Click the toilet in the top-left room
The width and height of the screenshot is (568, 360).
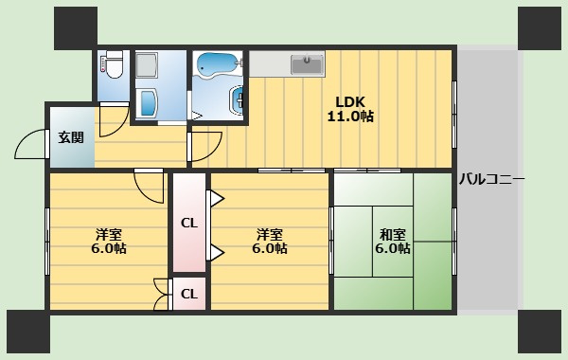(x=112, y=64)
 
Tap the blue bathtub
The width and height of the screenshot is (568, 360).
(x=217, y=64)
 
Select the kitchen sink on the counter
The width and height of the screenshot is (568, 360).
(x=307, y=64)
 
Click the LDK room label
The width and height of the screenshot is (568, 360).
(x=350, y=102)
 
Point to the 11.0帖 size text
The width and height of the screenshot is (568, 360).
(x=350, y=117)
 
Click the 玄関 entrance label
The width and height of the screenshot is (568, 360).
(x=71, y=137)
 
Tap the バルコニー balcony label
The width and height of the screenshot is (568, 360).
(x=491, y=179)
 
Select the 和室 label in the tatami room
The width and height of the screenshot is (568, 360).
(x=392, y=235)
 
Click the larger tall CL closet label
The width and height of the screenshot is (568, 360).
(x=189, y=223)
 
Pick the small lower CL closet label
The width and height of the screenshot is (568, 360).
(x=189, y=294)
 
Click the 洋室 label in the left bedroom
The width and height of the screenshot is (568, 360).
(x=108, y=235)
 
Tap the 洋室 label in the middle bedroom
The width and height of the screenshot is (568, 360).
(x=270, y=235)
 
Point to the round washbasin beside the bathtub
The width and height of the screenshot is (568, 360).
(x=236, y=99)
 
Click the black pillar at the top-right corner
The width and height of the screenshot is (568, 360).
(x=540, y=28)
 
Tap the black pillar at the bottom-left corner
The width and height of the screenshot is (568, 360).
(x=28, y=332)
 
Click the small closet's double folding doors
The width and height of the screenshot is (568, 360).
(x=162, y=295)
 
